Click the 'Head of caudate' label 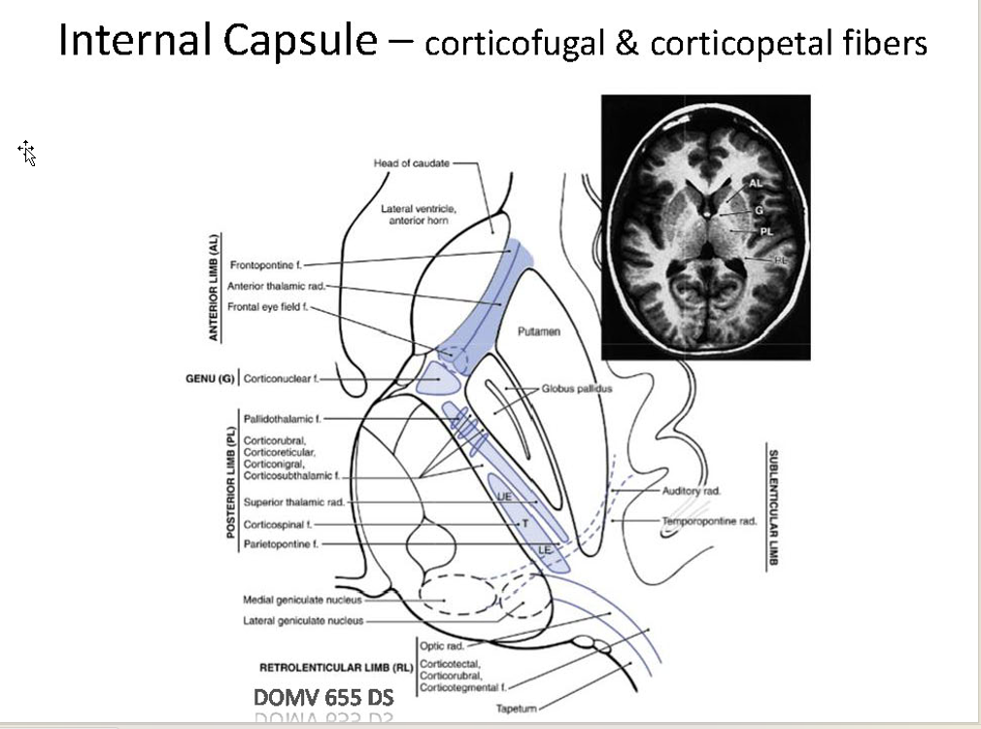tap(411, 163)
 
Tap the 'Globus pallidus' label tap(577, 389)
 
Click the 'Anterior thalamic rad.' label tap(276, 286)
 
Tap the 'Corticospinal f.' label tap(276, 524)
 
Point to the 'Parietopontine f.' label tap(281, 544)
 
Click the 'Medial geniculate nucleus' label tap(301, 600)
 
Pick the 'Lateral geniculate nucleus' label tap(303, 620)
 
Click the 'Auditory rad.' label tap(692, 491)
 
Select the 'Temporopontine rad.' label tap(709, 522)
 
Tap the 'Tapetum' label tap(515, 709)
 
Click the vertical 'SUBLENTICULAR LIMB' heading tap(774, 507)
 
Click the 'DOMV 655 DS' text tap(323, 698)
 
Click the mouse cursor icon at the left tap(27, 152)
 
